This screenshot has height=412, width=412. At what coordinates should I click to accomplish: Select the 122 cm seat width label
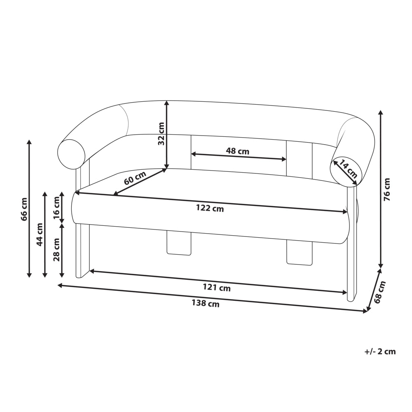coord(210,208)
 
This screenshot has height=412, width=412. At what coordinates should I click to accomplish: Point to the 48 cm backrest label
coord(238,151)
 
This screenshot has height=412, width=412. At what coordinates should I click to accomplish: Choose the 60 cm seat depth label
coord(135,178)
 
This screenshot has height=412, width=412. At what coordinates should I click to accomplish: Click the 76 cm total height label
coord(387,190)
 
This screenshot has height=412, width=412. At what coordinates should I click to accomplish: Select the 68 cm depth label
coord(380,292)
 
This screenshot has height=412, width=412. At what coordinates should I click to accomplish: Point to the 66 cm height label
coord(24,209)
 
